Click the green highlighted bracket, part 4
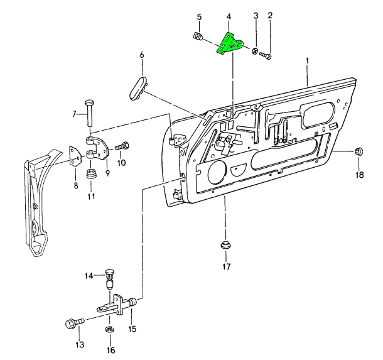(230, 44)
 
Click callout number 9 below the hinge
(107, 173)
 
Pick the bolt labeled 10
(122, 146)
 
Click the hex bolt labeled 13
(73, 324)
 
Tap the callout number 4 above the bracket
(229, 15)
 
